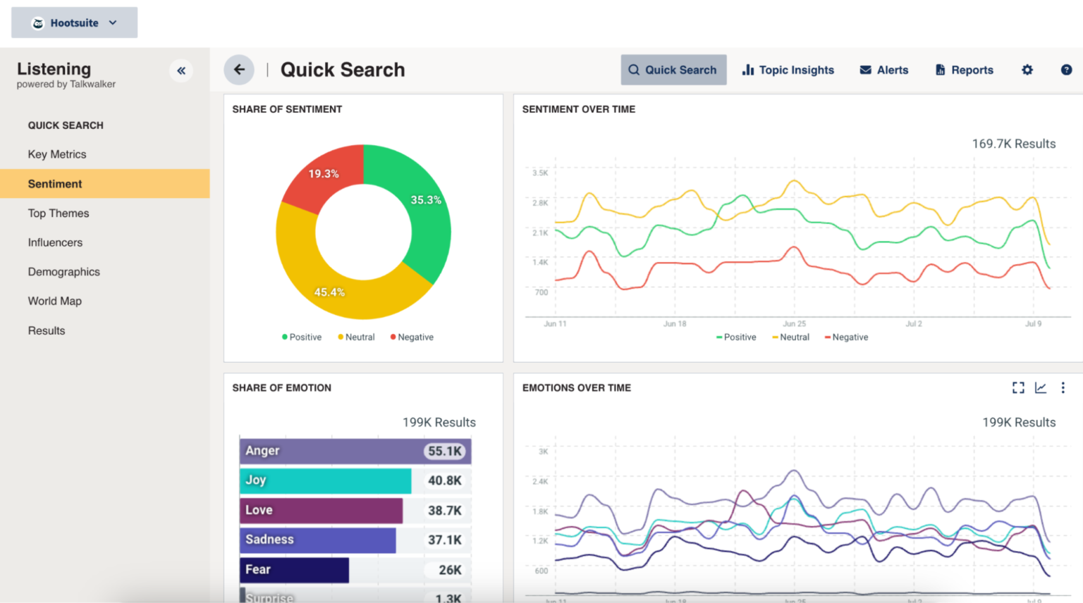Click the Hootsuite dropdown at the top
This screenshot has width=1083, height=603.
pyautogui.click(x=74, y=23)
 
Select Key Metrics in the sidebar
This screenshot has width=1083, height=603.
pyautogui.click(x=57, y=154)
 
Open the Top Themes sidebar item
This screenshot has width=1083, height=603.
pyautogui.click(x=59, y=213)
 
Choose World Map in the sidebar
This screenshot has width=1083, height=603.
pyautogui.click(x=55, y=301)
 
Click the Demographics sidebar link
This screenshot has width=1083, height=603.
pyautogui.click(x=64, y=272)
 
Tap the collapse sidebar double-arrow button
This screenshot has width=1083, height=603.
pyautogui.click(x=181, y=70)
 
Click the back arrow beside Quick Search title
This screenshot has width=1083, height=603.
pyautogui.click(x=239, y=70)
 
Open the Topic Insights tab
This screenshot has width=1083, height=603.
pyautogui.click(x=788, y=70)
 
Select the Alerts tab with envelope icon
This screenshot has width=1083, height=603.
pyautogui.click(x=883, y=70)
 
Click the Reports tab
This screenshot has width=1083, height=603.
pyautogui.click(x=964, y=70)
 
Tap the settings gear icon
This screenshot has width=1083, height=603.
pyautogui.click(x=1027, y=70)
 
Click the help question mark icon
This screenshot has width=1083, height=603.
pyautogui.click(x=1066, y=70)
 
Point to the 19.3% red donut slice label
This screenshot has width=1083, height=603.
pyautogui.click(x=324, y=174)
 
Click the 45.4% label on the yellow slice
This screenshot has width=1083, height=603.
pyautogui.click(x=329, y=292)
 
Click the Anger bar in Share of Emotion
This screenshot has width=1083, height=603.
pyautogui.click(x=331, y=451)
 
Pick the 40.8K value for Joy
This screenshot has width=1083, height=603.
pyautogui.click(x=444, y=480)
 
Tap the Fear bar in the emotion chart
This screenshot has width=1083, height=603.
pyautogui.click(x=294, y=570)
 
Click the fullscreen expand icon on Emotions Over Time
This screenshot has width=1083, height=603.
pyautogui.click(x=1018, y=387)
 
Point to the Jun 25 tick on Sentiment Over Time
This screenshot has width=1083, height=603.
pyautogui.click(x=794, y=323)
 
